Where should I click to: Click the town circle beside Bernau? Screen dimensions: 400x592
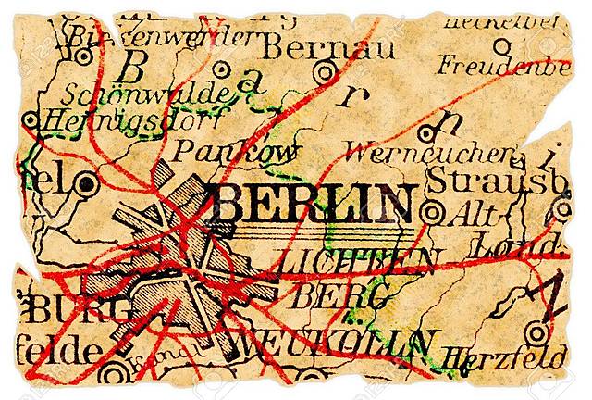tap(324, 71)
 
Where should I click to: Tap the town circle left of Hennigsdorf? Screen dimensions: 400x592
tap(30, 120)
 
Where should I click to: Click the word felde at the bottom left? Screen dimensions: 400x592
tap(51, 353)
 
